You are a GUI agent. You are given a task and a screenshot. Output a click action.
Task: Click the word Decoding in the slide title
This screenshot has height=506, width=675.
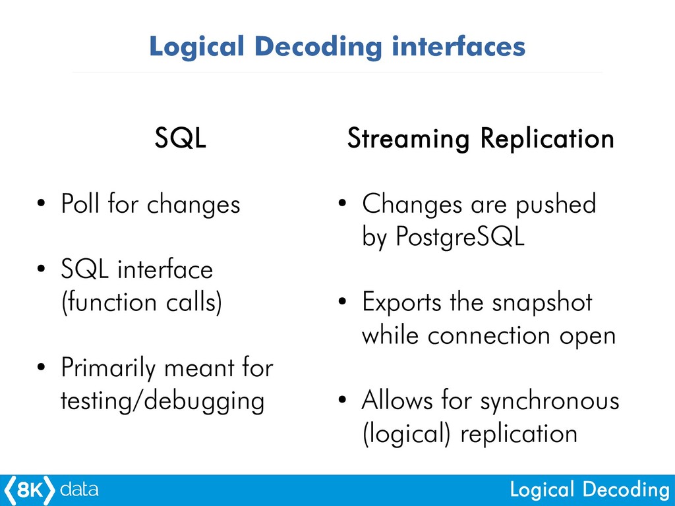click(x=318, y=47)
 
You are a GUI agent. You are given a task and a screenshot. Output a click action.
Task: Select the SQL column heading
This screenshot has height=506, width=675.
click(x=181, y=138)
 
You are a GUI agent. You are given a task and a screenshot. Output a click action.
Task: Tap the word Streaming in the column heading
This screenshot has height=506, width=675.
click(x=408, y=140)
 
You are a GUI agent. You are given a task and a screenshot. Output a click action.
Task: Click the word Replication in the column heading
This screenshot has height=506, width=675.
click(x=547, y=139)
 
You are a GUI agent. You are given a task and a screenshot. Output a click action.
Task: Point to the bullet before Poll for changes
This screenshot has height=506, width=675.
click(x=41, y=203)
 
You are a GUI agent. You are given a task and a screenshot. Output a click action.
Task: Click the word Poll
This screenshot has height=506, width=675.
click(x=80, y=203)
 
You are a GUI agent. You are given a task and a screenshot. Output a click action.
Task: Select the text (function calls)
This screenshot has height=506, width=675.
click(x=142, y=302)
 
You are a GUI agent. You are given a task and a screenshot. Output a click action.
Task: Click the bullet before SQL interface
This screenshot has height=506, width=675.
click(x=41, y=269)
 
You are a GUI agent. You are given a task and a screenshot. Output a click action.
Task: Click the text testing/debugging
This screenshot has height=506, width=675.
click(x=162, y=401)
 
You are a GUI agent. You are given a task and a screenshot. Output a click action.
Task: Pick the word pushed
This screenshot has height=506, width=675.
click(x=556, y=204)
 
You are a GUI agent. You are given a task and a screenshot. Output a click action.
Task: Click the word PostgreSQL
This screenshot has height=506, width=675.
click(x=459, y=237)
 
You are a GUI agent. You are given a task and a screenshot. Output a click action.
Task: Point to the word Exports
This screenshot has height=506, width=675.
click(x=402, y=302)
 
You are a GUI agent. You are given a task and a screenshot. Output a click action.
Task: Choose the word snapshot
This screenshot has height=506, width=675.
click(x=542, y=302)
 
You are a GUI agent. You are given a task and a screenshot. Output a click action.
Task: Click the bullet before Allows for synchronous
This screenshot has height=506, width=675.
click(x=342, y=400)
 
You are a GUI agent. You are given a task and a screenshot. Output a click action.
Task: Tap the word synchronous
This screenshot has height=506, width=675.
click(x=550, y=401)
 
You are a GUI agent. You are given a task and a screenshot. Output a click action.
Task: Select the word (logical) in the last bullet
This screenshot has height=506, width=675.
click(x=406, y=434)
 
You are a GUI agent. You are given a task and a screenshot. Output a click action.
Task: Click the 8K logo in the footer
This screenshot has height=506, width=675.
click(x=29, y=490)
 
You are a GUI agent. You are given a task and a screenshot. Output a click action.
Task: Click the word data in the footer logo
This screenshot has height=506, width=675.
click(x=79, y=490)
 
